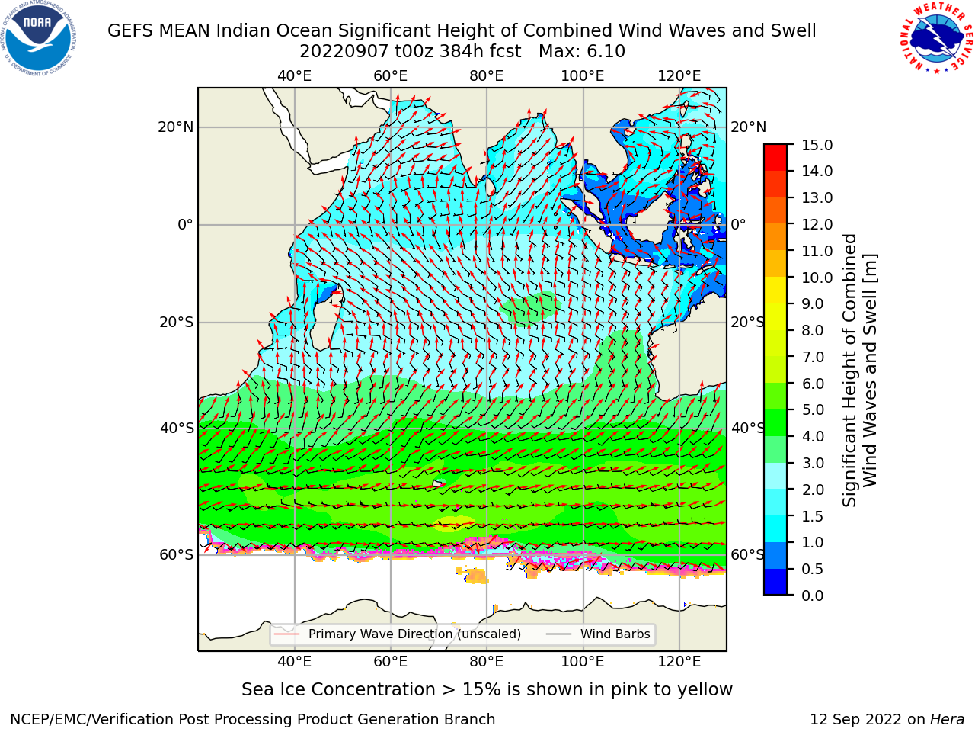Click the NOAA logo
[39, 39]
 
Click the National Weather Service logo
[935, 37]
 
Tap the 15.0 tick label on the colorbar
[817, 145]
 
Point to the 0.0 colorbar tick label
[812, 596]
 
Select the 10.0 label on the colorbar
[817, 278]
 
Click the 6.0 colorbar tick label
[812, 384]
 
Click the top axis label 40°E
[295, 76]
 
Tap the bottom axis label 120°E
[679, 662]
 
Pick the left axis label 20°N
[176, 127]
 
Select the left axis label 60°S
[177, 554]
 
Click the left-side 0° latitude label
[186, 224]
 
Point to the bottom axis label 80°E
[487, 662]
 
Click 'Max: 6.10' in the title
[582, 52]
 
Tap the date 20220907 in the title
[344, 52]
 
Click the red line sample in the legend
[287, 634]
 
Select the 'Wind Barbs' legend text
[615, 634]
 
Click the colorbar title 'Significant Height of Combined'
[849, 371]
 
